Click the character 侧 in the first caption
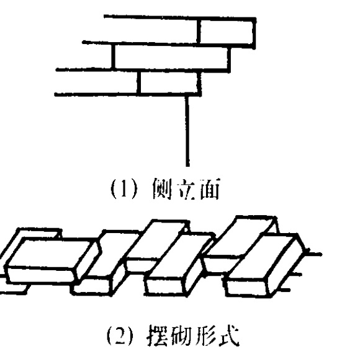point(163,188)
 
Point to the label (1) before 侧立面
point(124,189)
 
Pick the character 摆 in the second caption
point(157,335)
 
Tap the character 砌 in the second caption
point(181,335)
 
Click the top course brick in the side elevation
point(227,32)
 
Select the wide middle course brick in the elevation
point(171,57)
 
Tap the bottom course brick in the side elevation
point(169,83)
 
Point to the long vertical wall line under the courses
point(187,131)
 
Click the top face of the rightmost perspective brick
point(266,256)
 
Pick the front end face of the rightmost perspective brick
point(246,288)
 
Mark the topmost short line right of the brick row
point(314,254)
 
